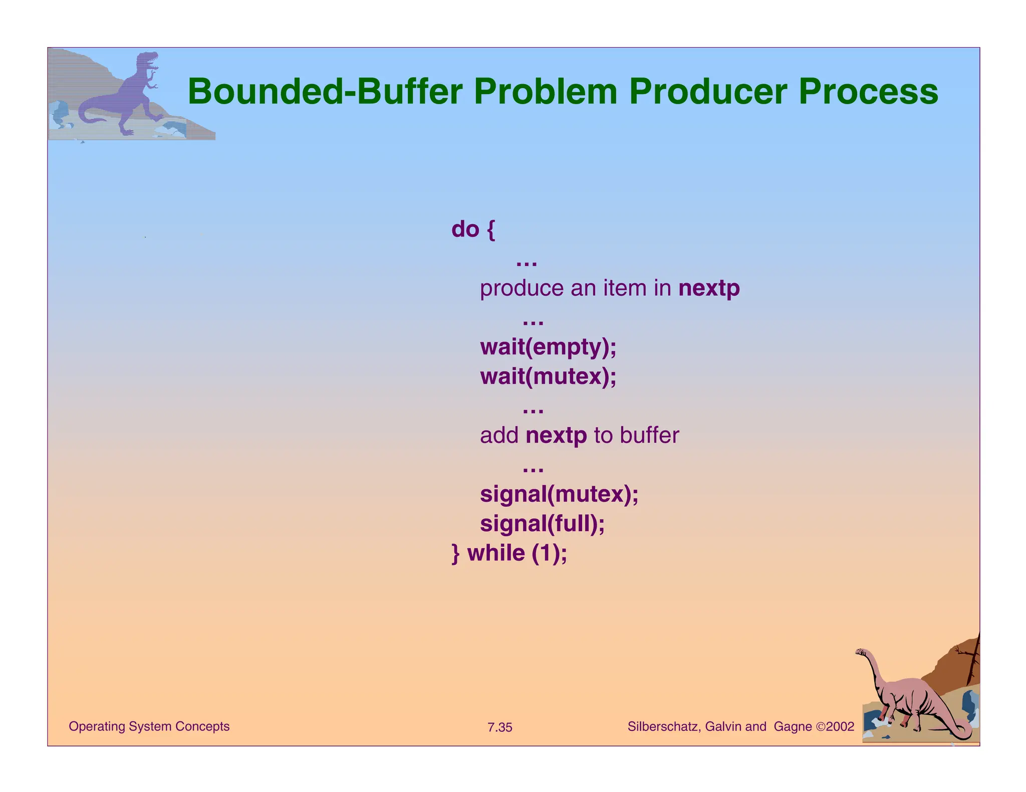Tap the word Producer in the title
tap(708, 92)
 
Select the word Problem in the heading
tap(546, 92)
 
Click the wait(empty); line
tap(548, 347)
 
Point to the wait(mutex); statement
tap(548, 376)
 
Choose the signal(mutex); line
tap(559, 495)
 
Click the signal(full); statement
tap(542, 524)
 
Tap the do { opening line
tap(473, 229)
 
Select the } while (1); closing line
tap(509, 554)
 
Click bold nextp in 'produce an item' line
tap(709, 288)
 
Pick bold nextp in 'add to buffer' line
tap(556, 436)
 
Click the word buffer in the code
tap(649, 436)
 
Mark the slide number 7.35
tap(499, 727)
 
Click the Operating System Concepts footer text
tap(149, 726)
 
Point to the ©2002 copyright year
tap(835, 726)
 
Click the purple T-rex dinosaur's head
tap(149, 61)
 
